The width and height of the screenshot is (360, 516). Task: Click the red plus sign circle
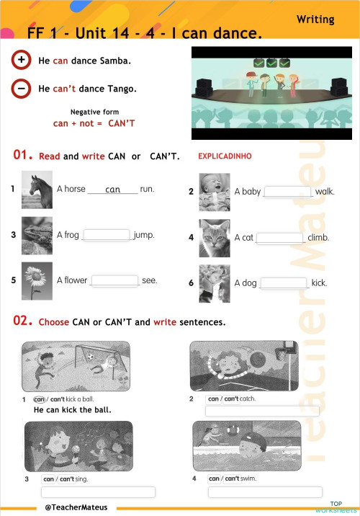pos(22,60)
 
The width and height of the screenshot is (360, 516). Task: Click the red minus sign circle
pos(22,88)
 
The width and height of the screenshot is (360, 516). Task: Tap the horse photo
pos(37,189)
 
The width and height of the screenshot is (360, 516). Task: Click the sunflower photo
pos(37,280)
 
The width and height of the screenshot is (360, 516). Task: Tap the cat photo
pos(214,237)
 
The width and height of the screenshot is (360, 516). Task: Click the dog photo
pos(214,283)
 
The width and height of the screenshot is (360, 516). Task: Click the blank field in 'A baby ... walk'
pos(288,192)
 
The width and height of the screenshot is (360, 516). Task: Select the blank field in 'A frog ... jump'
pos(107,235)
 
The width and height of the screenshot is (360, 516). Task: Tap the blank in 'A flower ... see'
pos(114,280)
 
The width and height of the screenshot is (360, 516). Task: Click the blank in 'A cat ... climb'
pos(280,238)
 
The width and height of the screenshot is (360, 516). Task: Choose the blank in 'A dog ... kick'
pos(284,283)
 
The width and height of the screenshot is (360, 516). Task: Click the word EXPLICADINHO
pos(225,156)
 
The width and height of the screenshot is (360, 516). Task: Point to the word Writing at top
pos(315,19)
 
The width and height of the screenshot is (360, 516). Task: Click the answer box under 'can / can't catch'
pos(263,412)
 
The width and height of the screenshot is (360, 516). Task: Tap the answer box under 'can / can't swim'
pos(264,492)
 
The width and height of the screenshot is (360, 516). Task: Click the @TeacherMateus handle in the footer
pos(76,507)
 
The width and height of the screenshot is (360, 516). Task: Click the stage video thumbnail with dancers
pos(271,92)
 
